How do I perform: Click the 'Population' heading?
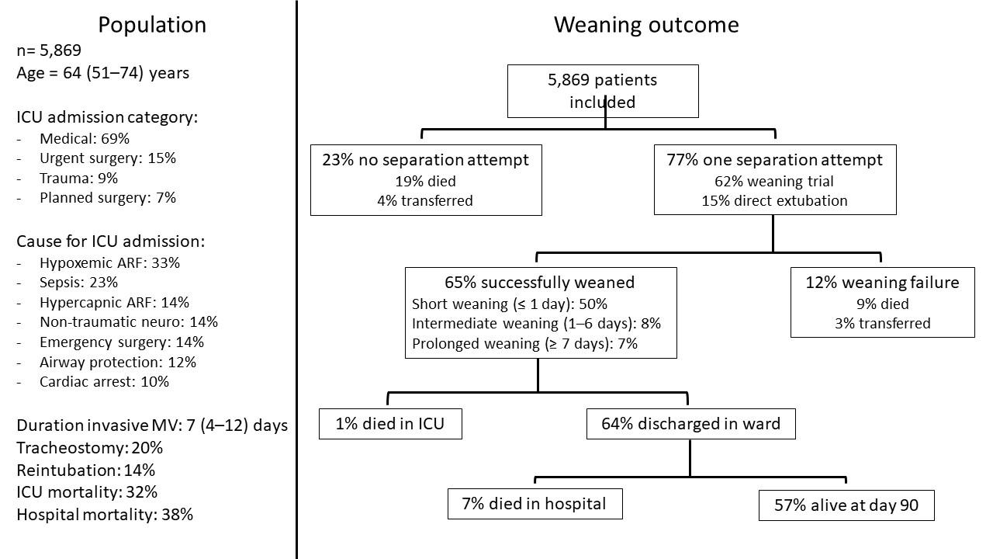[152, 25]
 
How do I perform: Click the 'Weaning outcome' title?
[645, 25]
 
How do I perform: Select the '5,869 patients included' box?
[603, 91]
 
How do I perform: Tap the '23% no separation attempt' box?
[426, 179]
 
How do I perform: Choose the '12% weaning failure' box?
[882, 302]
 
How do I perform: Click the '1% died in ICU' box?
[390, 424]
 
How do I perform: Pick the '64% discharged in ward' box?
[690, 424]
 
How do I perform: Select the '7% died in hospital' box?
[535, 504]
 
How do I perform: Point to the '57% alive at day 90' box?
[846, 505]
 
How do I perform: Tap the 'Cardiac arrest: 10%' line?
[104, 382]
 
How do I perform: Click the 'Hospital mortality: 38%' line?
[105, 514]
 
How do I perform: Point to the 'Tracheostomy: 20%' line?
[90, 448]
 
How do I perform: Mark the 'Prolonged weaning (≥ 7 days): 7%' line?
[524, 343]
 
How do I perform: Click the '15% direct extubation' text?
[774, 200]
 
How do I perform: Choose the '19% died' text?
[426, 181]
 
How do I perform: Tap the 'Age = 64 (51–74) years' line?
[102, 73]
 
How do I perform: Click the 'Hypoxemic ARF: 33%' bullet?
[109, 263]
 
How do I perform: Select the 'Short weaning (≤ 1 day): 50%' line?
[515, 304]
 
